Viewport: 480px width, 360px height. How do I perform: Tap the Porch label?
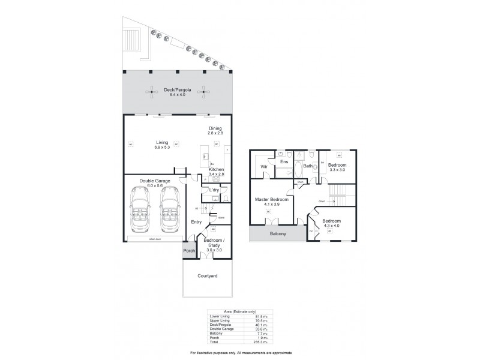pyautogui.click(x=189, y=251)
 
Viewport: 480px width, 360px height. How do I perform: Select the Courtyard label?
pyautogui.click(x=208, y=276)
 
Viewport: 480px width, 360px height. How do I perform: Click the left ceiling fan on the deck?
pyautogui.click(x=148, y=92)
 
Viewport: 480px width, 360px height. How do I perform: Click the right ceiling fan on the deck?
pyautogui.click(x=206, y=92)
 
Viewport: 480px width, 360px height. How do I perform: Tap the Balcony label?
pyautogui.click(x=277, y=234)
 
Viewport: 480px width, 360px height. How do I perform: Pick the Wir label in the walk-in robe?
pyautogui.click(x=263, y=166)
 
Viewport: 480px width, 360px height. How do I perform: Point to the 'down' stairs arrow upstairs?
pyautogui.click(x=322, y=202)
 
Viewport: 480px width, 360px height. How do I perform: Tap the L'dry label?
pyautogui.click(x=214, y=191)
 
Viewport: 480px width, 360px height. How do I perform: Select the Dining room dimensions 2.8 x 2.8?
pyautogui.click(x=215, y=133)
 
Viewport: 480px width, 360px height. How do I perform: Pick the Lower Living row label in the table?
pyautogui.click(x=218, y=316)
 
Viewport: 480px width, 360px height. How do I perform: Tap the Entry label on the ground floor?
pyautogui.click(x=196, y=222)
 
